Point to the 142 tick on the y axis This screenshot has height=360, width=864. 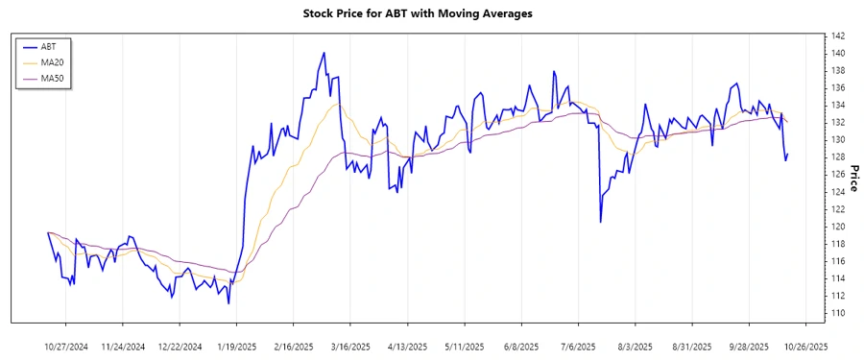click(838, 36)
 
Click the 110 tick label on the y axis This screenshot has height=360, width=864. click(838, 313)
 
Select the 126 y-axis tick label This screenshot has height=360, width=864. click(838, 175)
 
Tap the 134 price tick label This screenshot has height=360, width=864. click(838, 105)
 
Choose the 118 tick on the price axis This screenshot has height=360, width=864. click(838, 244)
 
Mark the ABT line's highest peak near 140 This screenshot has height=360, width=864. click(324, 53)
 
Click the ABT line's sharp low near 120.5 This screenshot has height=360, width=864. click(600, 223)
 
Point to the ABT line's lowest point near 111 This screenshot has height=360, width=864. click(228, 303)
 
